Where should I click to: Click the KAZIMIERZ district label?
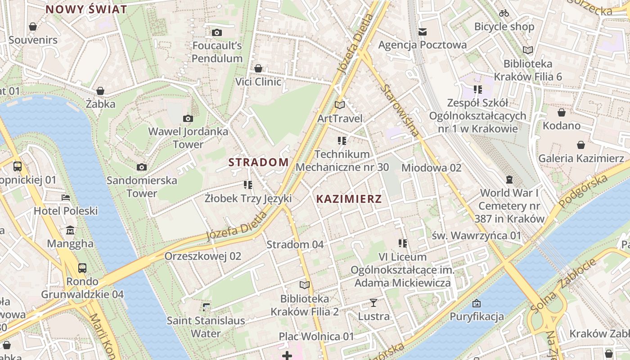[349, 199]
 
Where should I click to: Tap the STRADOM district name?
[259, 162]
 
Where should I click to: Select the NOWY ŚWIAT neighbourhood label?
[86, 9]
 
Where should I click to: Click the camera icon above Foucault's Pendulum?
[217, 32]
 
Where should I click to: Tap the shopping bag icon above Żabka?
[100, 91]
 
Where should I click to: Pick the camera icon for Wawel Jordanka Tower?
[188, 119]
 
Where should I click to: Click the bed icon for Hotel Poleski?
[66, 198]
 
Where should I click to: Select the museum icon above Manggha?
[70, 231]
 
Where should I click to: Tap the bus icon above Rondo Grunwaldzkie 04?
[82, 268]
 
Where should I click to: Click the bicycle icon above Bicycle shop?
[504, 13]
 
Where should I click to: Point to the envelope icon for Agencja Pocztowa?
[422, 31]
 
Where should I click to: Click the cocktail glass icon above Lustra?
[373, 302]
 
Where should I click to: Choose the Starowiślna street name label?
[400, 110]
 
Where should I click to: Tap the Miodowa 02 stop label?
[432, 168]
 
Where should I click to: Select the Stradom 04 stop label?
[295, 245]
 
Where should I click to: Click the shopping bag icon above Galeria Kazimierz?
[581, 145]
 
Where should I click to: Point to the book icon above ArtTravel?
[340, 105]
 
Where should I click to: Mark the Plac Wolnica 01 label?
[316, 337]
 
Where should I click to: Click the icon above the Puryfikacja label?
[477, 303]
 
